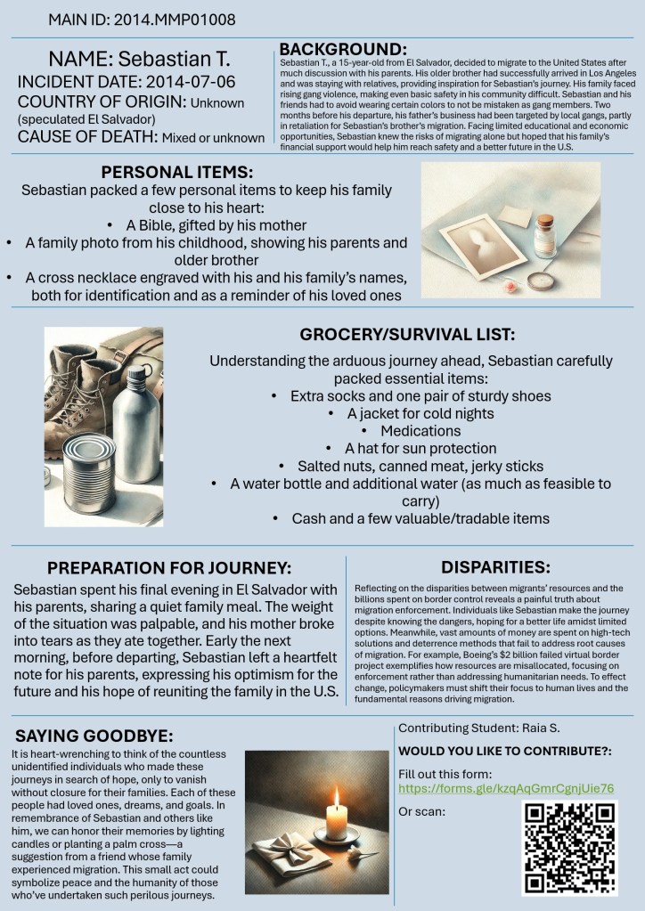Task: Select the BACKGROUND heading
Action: point(343,49)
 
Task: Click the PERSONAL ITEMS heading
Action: point(176,172)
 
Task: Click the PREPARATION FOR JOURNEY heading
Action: point(168,567)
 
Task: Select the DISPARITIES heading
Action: point(495,566)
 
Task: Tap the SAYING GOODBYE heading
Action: point(94,736)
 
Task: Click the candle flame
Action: point(336,793)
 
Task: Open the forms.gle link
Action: point(507,789)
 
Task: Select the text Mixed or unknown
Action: point(212,137)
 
